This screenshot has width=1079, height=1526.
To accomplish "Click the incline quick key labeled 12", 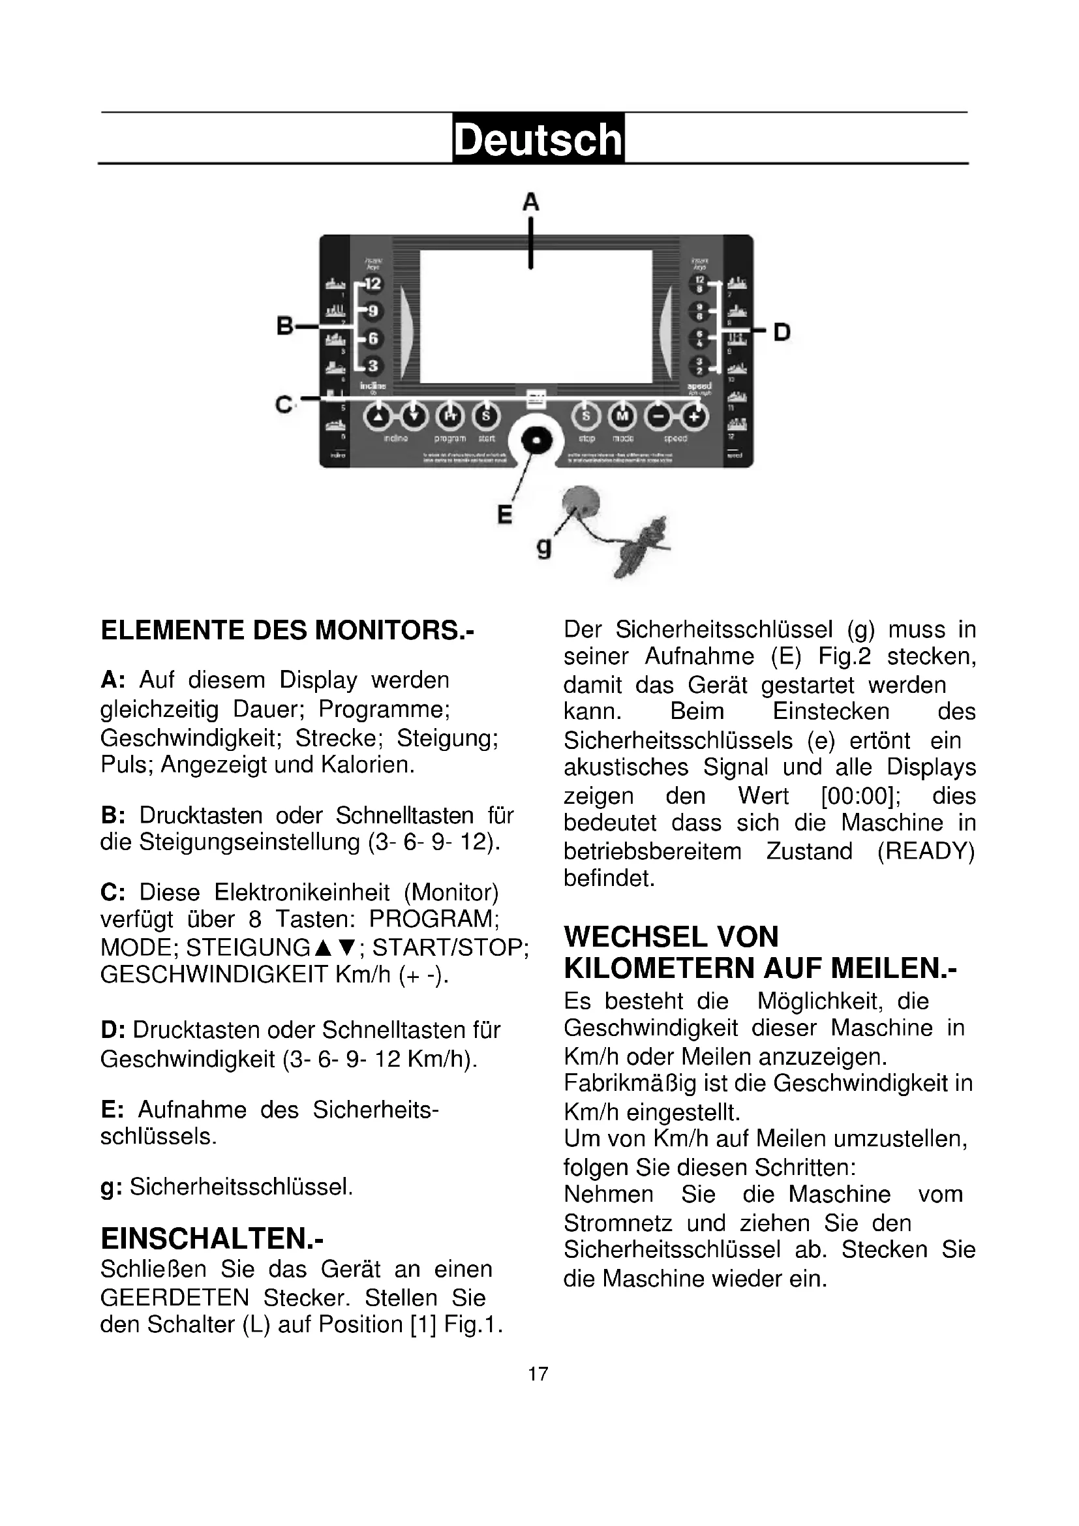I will tap(372, 284).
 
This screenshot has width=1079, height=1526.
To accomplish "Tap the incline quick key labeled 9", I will tap(372, 311).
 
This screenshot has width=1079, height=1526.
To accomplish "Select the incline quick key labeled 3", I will tap(372, 365).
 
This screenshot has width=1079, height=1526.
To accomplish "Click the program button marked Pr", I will tap(450, 416).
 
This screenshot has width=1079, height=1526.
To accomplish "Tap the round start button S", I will tap(486, 416).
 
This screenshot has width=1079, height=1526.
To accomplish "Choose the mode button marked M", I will tap(622, 416).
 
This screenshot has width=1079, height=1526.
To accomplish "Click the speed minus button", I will tap(658, 416).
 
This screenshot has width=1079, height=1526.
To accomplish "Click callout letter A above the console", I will tap(530, 202).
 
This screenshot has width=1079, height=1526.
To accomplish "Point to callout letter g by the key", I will tap(543, 547).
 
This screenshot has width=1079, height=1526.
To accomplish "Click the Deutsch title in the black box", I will tap(538, 139).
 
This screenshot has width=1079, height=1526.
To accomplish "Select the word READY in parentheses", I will tap(926, 851).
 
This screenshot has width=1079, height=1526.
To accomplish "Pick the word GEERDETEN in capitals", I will tap(175, 1298).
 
